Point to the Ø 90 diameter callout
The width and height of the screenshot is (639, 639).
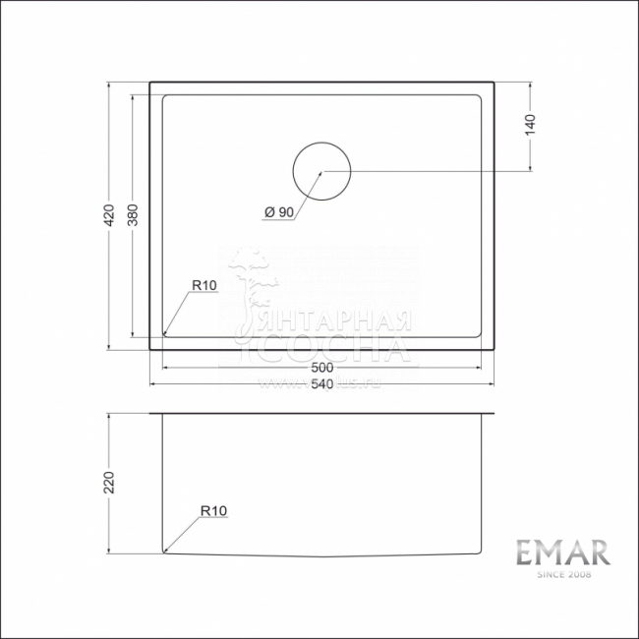[x=278, y=211]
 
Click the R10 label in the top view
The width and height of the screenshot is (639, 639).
[x=203, y=284]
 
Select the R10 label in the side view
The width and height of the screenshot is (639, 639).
[x=213, y=510]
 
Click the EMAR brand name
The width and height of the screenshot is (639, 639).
[x=564, y=552]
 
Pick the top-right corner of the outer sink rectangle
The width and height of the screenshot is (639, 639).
[x=494, y=83]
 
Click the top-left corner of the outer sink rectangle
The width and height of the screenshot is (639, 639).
[x=149, y=83]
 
